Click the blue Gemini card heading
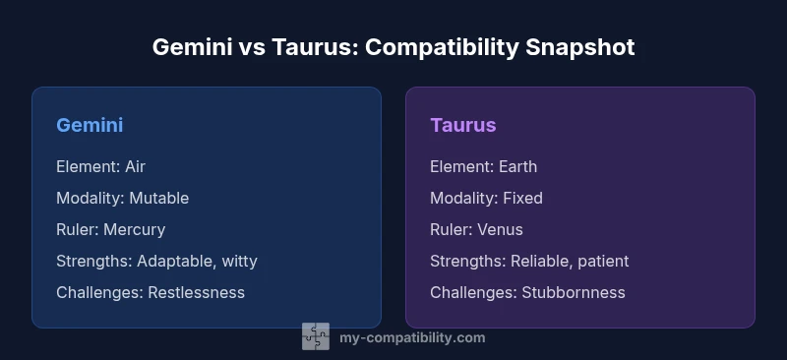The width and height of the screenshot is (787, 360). click(90, 125)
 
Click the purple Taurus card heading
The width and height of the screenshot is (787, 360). click(462, 125)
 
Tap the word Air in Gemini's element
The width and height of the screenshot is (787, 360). click(135, 166)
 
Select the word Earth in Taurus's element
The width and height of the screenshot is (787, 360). click(517, 166)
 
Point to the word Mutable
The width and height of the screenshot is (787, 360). click(158, 198)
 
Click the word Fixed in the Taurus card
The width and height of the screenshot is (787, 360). click(522, 198)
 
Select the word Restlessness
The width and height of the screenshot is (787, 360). click(196, 292)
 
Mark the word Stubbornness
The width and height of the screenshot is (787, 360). click(573, 292)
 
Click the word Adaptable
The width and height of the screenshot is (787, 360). click(174, 261)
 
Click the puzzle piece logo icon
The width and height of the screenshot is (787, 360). click(316, 337)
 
